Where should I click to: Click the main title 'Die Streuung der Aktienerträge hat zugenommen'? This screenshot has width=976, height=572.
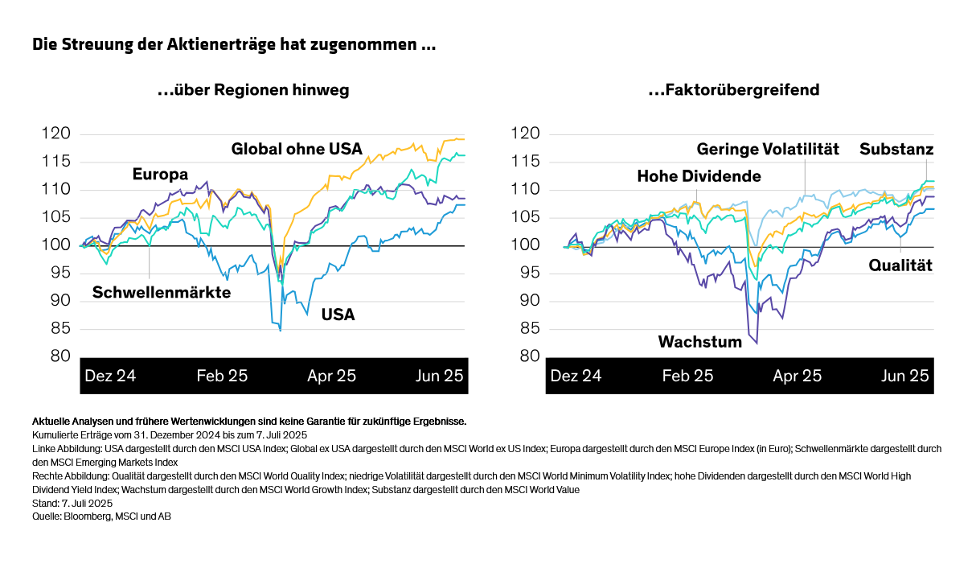(234, 45)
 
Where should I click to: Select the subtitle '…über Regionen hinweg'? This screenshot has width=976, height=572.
(253, 90)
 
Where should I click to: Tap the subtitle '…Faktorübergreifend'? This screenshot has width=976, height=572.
(733, 90)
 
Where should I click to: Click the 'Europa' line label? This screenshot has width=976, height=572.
(160, 175)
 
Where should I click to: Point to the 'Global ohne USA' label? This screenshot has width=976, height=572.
(297, 149)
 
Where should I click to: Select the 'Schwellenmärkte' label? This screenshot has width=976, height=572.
(162, 293)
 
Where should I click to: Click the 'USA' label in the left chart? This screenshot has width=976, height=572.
(338, 315)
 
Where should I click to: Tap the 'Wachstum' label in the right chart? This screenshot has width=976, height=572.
(699, 342)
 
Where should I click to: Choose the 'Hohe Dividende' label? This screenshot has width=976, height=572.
(699, 176)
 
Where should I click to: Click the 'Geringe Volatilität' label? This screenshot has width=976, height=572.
(767, 149)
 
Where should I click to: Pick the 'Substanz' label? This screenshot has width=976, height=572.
(896, 149)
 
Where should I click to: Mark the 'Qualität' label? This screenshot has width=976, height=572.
(900, 265)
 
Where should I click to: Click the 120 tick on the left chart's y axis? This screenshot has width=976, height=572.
(60, 134)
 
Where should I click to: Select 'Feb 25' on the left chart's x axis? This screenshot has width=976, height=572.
(222, 376)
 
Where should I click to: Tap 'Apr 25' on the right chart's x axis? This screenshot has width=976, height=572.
(797, 376)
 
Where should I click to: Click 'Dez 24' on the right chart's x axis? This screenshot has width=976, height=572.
(576, 376)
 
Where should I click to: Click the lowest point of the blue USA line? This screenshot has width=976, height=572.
(280, 331)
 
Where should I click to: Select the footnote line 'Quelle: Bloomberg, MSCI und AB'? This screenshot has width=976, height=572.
(101, 516)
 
